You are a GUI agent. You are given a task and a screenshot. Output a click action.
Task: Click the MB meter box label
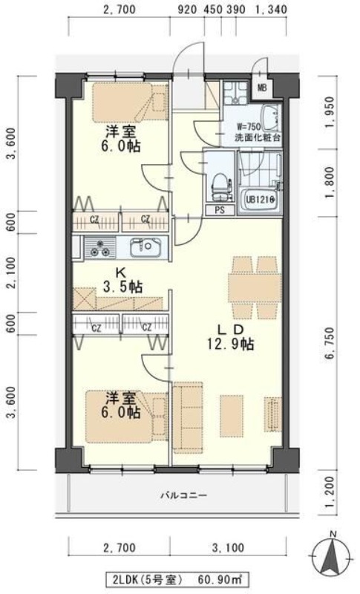[x=262, y=88]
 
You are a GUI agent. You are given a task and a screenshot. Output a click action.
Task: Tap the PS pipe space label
[x=220, y=210]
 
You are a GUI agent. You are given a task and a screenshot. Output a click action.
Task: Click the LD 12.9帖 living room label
[x=231, y=336]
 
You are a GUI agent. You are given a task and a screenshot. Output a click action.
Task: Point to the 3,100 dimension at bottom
[x=228, y=549]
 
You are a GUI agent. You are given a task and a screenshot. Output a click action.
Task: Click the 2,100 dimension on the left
[x=10, y=272]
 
